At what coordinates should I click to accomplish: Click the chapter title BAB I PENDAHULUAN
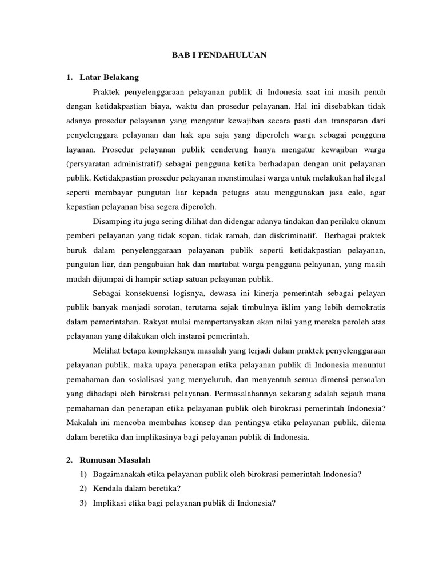[219, 55]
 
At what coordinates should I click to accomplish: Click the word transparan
[342, 121]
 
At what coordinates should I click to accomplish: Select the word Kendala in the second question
[106, 488]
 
